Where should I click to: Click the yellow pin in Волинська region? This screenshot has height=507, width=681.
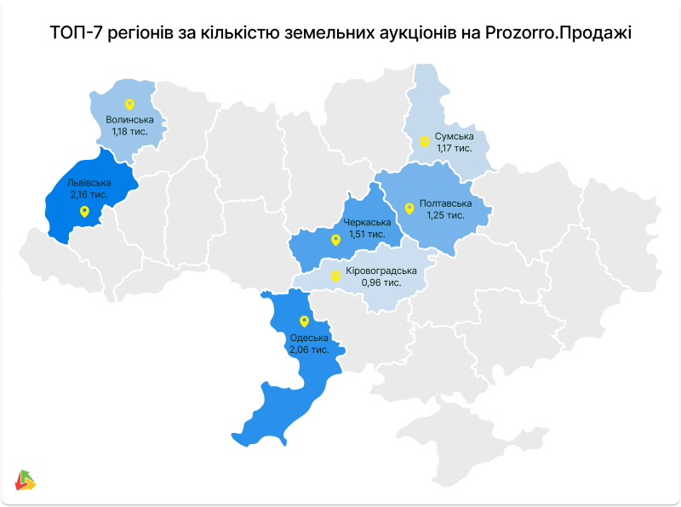(x=129, y=105)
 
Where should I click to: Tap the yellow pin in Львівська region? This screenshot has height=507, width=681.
(x=83, y=212)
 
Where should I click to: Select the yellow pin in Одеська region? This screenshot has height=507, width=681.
(x=305, y=321)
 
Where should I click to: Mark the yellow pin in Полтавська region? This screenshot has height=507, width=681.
(x=409, y=207)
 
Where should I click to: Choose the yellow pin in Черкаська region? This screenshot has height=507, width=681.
(x=335, y=240)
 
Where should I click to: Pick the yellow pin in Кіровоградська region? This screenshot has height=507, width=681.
(x=335, y=275)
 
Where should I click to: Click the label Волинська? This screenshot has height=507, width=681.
(x=130, y=120)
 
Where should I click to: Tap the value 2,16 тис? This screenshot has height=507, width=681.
(x=89, y=194)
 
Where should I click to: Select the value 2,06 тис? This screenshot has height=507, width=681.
(x=309, y=350)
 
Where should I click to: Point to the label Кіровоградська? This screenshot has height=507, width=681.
(x=381, y=271)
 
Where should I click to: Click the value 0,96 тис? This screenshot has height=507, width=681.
(x=381, y=282)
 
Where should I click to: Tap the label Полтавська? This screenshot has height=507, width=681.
(x=445, y=204)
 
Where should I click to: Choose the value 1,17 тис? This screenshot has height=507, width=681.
(x=454, y=148)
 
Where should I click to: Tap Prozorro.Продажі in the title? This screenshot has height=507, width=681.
(x=562, y=33)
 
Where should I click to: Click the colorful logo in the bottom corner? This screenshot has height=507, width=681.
(x=26, y=481)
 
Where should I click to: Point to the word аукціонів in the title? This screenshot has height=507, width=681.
(x=399, y=33)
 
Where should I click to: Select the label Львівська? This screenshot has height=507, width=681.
(x=89, y=182)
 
